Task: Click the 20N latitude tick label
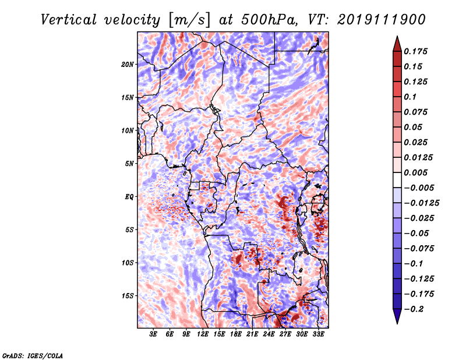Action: coord(128,65)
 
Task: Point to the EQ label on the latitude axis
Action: coord(129,197)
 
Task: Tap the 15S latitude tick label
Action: coord(128,296)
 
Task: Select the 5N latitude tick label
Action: coord(129,164)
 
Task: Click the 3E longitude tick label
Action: coord(153,334)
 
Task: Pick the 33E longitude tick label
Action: coord(318,334)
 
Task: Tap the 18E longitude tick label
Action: coord(236,334)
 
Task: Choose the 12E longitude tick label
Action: coord(203,334)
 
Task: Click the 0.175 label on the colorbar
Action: coord(415,51)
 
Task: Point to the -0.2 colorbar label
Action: coord(414,309)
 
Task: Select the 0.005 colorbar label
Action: coord(415,172)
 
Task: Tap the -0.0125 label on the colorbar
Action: coord(421,203)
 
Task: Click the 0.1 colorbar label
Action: coord(410,97)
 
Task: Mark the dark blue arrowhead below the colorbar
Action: coord(397,316)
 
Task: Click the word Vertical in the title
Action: coord(69,20)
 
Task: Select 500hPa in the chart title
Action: coord(270,20)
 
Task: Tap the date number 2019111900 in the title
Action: coord(382,20)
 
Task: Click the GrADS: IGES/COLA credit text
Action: coord(33,356)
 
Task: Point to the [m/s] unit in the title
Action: coord(189,20)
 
